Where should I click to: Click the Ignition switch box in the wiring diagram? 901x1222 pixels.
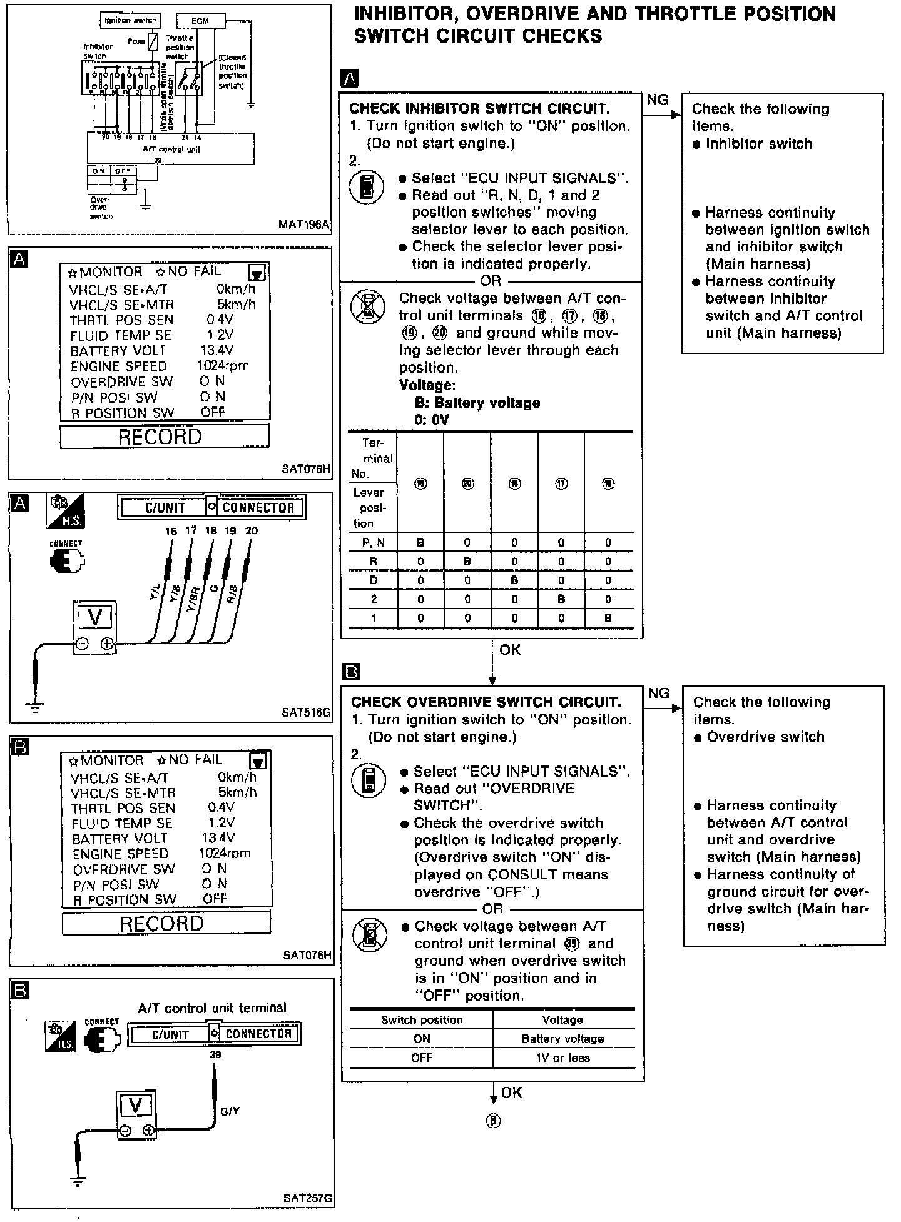tap(130, 21)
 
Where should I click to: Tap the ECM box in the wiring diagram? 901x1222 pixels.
tap(200, 21)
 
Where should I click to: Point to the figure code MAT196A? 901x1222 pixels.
tap(305, 225)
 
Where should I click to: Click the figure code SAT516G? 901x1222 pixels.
tap(306, 712)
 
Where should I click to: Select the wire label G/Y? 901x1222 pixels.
tap(230, 1111)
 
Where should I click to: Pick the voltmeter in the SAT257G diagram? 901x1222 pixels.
tap(136, 1117)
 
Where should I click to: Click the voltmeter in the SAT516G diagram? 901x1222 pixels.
tap(95, 627)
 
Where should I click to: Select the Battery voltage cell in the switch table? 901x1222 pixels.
tap(562, 1039)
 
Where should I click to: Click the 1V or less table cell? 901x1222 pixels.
tap(562, 1058)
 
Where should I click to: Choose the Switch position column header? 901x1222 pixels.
tap(422, 1020)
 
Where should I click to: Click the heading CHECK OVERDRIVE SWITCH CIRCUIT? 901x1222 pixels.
tap(486, 702)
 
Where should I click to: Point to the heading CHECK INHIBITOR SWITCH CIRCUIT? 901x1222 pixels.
tap(479, 108)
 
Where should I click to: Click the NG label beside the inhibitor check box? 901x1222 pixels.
tap(657, 100)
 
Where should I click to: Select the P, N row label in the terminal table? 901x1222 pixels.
tap(373, 543)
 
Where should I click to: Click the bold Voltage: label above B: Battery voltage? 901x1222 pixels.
tap(427, 385)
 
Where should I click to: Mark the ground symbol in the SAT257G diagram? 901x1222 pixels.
tap(78, 1181)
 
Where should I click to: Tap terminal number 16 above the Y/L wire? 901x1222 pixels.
tap(171, 532)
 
